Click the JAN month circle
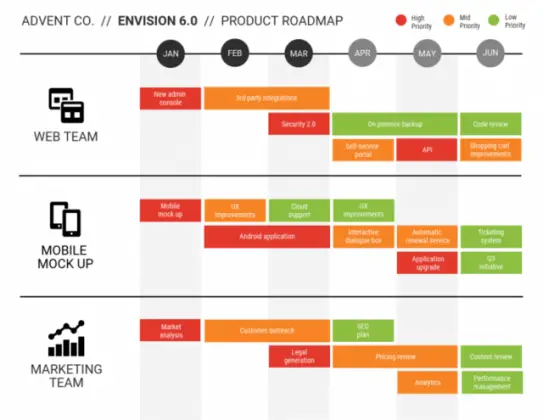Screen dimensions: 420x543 point(171,52)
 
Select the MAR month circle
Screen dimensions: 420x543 point(298,52)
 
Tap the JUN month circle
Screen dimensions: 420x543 point(490,52)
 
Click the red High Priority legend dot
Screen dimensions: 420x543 point(401,20)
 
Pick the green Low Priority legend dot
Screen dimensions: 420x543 point(494,20)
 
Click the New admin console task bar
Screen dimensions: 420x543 point(171,98)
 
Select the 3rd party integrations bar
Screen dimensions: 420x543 point(266,98)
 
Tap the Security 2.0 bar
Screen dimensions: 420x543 point(298,123)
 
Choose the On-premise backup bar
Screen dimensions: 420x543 point(394,123)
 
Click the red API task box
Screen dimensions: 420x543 point(426,149)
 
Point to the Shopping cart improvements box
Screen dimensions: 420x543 point(490,149)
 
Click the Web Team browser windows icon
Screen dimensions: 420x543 point(66,105)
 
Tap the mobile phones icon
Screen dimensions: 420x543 point(65,219)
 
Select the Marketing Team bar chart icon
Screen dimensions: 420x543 point(66,339)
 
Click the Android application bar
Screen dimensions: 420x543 point(266,237)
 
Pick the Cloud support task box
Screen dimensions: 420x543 point(298,210)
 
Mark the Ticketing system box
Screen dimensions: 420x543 point(490,236)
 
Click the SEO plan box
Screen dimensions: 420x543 point(362,330)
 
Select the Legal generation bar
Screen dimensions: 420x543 point(298,356)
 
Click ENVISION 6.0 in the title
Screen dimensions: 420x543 point(158,21)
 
